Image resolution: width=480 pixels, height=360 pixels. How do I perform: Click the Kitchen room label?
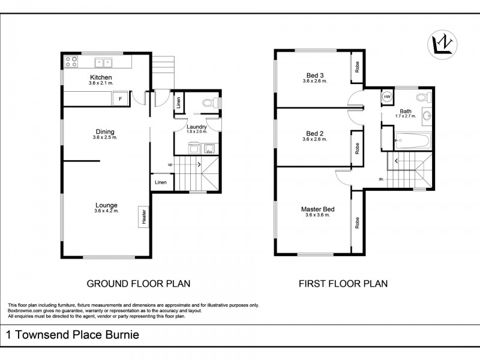coord(101,77)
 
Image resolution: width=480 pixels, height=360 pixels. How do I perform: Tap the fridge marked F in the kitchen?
coord(121,98)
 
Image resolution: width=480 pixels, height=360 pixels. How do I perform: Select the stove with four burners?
coord(71,61)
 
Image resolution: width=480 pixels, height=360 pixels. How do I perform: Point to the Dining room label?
coord(105,132)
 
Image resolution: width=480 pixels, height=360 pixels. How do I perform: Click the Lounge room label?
coord(106,205)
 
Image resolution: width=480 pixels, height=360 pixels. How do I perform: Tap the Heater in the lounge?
coord(144,217)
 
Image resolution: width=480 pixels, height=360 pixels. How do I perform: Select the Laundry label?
coord(197,127)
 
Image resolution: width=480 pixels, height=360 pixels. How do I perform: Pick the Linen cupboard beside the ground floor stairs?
coord(160,182)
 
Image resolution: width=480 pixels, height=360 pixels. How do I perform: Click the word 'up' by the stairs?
coord(170,164)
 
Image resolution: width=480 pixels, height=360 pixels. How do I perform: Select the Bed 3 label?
coord(314,75)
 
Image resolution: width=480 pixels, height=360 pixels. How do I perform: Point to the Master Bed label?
coord(317,209)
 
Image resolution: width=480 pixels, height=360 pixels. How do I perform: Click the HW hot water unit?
coord(387,97)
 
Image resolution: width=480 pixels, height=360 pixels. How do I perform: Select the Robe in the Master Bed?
coord(357,223)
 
